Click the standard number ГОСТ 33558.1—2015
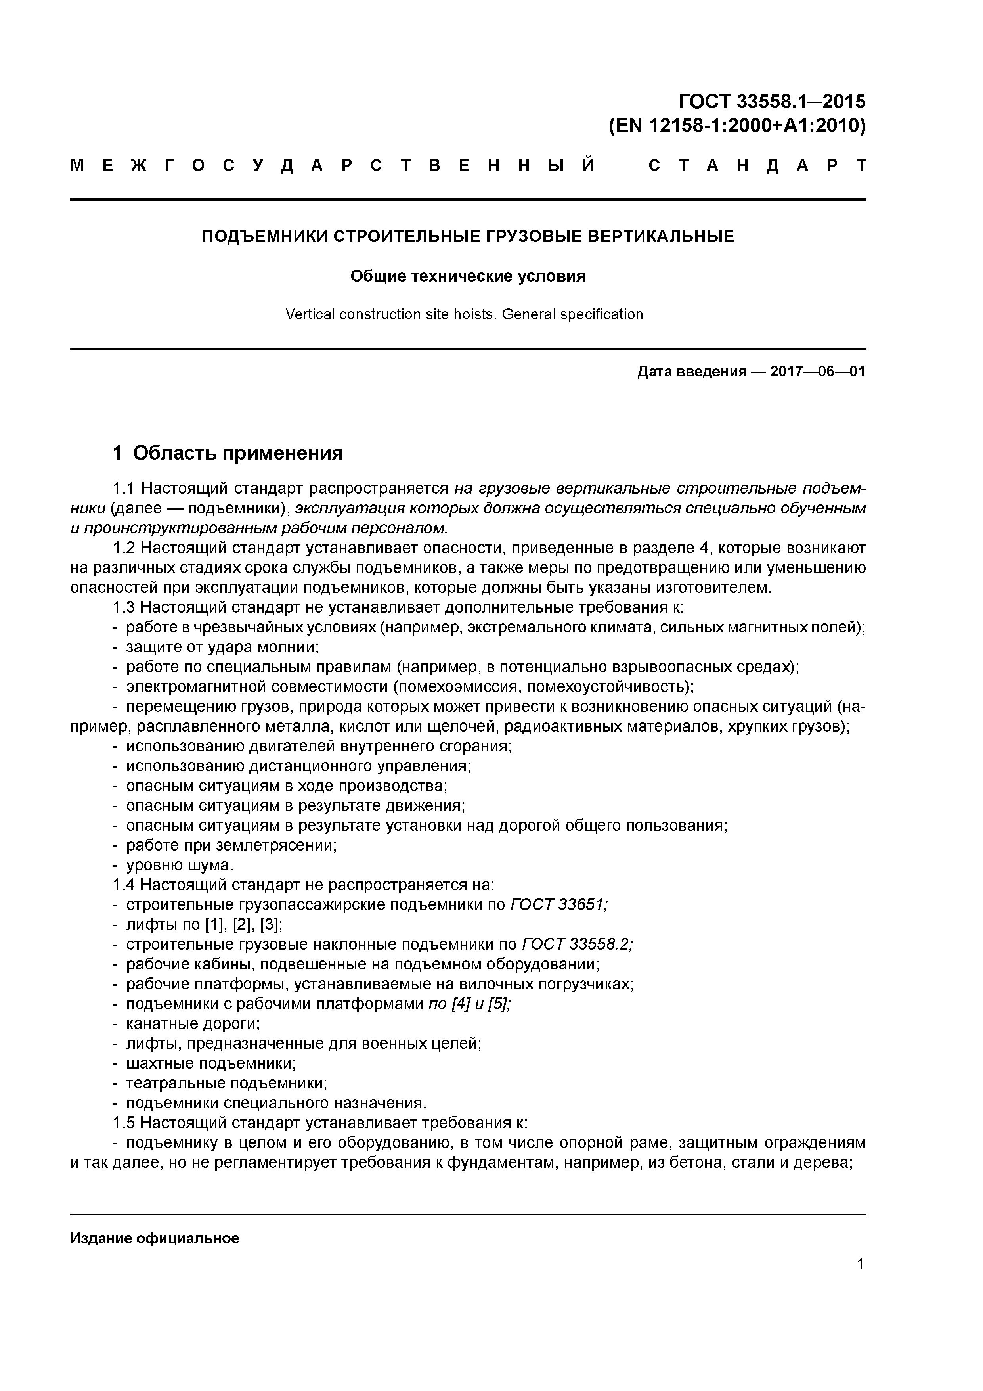pos(772,101)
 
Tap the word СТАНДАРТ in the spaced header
pos(757,165)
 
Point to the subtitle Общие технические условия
pos(468,276)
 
